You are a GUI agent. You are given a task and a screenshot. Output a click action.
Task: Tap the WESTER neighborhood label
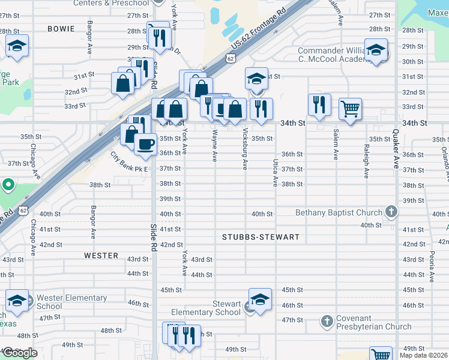(x=101, y=256)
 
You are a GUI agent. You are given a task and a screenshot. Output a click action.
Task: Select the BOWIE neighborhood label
(x=62, y=29)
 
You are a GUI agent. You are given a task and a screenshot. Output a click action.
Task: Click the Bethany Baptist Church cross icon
(x=391, y=211)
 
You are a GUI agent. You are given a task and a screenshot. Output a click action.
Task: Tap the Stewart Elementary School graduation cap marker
(x=260, y=300)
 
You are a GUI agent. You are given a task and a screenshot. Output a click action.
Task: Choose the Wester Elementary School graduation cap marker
(x=17, y=301)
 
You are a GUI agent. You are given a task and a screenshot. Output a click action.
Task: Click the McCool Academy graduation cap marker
(x=376, y=50)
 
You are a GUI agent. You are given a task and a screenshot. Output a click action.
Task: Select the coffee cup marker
(x=145, y=144)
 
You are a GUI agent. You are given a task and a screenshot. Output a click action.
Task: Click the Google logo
(x=19, y=353)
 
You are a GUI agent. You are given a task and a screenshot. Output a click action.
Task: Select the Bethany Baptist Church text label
(x=339, y=213)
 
